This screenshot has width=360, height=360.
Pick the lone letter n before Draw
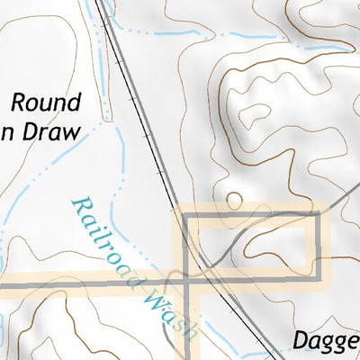9,131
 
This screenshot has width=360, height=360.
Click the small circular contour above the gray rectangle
233,199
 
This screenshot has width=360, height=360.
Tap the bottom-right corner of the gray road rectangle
319,265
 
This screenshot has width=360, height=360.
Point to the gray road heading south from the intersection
188,324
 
